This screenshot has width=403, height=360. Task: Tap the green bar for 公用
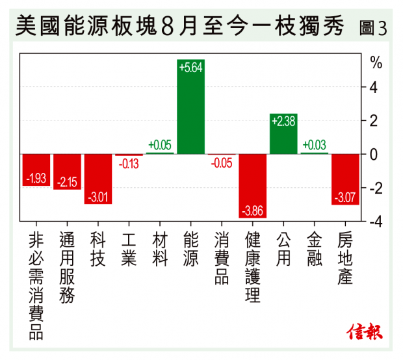tap(283, 133)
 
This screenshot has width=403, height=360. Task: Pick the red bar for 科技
tap(98, 179)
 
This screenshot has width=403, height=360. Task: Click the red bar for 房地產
tap(345, 179)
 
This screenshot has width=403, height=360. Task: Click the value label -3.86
tap(253, 211)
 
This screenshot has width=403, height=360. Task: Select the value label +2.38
tap(283, 121)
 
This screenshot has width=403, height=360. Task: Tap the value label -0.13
tap(129, 164)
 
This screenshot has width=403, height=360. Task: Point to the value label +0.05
tap(160, 145)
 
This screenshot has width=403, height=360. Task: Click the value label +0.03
tap(315, 145)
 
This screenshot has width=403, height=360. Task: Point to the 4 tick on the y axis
tap(374, 86)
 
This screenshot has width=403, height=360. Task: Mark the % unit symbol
tap(376, 62)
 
